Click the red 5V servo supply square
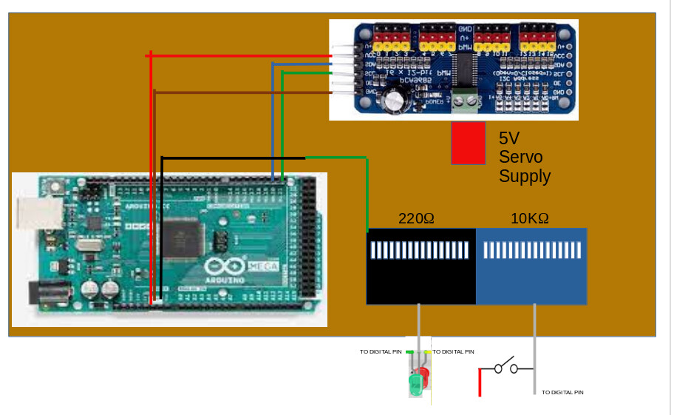coord(468,143)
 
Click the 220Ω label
coord(416,219)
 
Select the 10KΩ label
coord(530,219)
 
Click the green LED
coord(416,383)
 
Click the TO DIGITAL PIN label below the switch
coord(562,392)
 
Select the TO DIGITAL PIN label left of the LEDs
coord(381,352)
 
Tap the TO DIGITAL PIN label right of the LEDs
coord(453,352)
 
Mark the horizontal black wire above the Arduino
coord(233,158)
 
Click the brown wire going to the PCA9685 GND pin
coord(244,92)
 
